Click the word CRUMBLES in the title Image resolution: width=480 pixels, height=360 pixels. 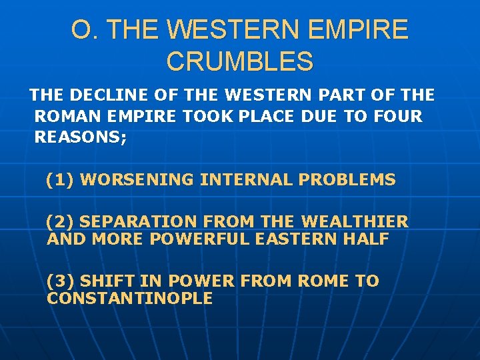pos(240,61)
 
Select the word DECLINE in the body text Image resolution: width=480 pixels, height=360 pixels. pos(103,96)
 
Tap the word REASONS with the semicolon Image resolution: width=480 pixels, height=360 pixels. pos(80,137)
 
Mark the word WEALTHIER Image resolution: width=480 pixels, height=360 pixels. pos(355,222)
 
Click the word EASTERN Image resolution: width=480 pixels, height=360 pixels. pos(294,239)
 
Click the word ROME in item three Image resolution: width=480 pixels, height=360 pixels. pos(323,281)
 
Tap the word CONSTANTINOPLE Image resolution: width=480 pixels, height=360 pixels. pos(130,298)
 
